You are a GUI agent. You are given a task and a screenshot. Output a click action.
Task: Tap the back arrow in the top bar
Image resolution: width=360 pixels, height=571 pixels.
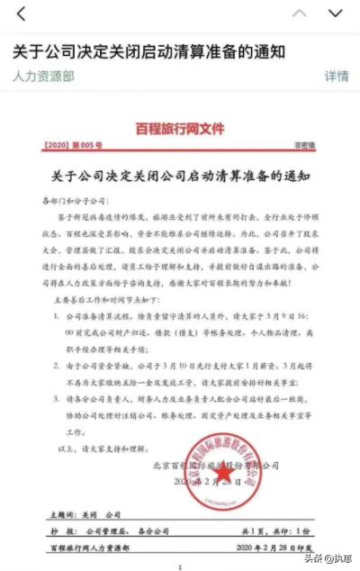coord(21,13)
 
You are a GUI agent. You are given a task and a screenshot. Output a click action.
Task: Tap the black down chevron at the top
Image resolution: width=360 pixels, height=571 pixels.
coord(336,13)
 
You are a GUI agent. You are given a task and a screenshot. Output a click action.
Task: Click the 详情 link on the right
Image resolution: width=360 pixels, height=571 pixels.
coord(337,77)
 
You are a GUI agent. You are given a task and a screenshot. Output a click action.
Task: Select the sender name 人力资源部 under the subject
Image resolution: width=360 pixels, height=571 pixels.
coord(44,77)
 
